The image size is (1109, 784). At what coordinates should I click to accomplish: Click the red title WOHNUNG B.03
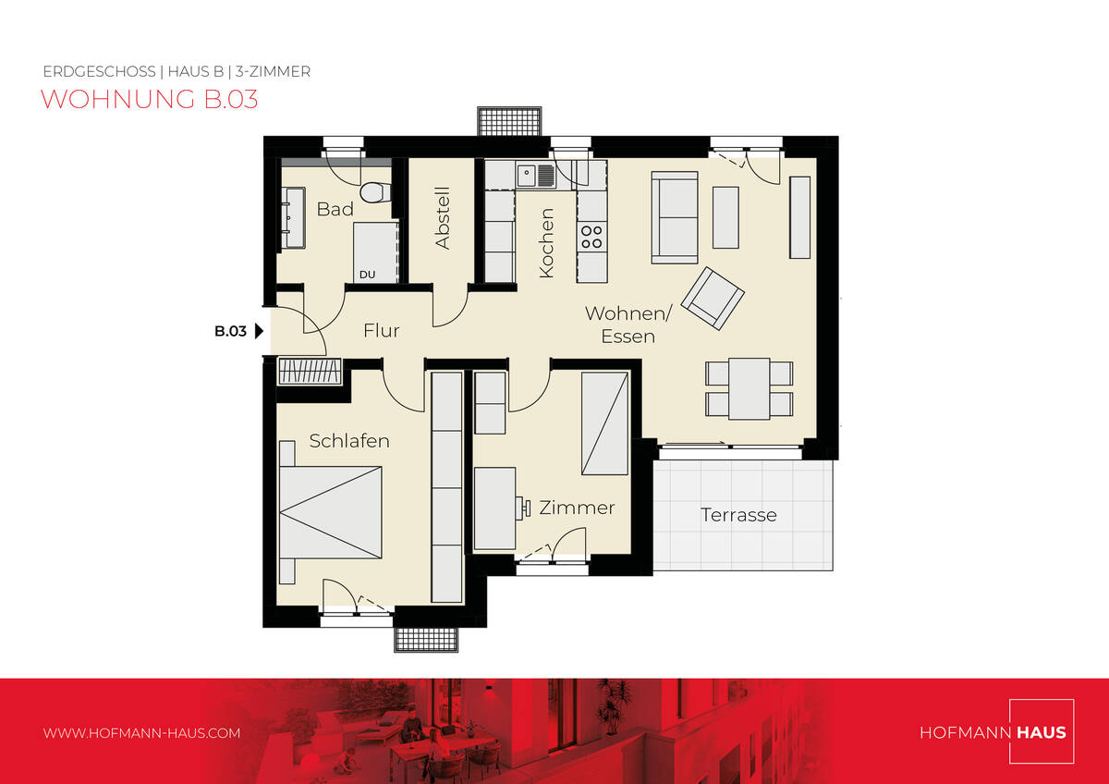pos(149,99)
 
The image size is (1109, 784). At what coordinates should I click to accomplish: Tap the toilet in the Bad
pos(375,192)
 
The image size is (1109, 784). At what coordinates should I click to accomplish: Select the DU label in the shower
pos(368,275)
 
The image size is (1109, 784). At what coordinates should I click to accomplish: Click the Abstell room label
pos(442,217)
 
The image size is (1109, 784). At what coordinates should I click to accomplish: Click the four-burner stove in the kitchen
pos(591,237)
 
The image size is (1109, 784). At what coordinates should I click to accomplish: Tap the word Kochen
pos(546,242)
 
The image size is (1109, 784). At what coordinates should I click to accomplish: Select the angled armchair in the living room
pos(713,298)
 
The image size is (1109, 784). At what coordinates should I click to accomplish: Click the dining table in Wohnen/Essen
pos(749,389)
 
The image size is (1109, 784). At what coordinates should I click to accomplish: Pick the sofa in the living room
pos(675,217)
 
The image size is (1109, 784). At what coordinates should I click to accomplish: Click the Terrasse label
pos(738,515)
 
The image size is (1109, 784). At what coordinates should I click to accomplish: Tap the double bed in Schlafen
pos(331,512)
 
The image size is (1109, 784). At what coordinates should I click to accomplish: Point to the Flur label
pos(381,330)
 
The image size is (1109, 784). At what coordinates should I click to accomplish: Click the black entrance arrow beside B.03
pos(259,331)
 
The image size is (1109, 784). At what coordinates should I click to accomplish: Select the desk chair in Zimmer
pos(523,508)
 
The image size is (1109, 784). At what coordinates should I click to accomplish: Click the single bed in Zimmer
pos(604,423)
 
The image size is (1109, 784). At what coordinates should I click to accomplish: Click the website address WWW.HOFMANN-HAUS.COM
pos(141,733)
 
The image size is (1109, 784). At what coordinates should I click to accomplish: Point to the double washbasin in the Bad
pos(293,217)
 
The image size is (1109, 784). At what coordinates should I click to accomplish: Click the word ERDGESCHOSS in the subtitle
pos(99,72)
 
